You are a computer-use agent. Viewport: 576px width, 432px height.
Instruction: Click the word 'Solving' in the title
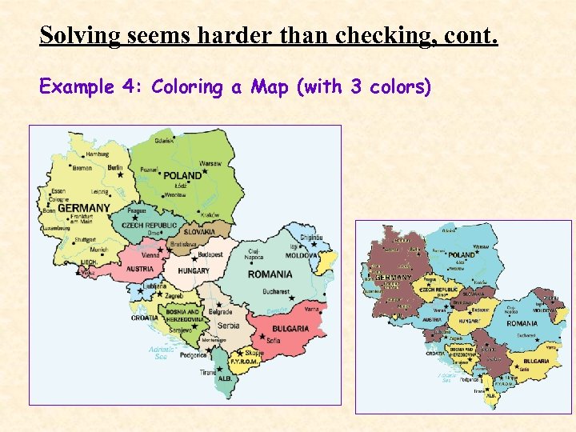click(77, 36)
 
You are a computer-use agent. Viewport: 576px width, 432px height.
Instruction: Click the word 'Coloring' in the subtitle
click(188, 86)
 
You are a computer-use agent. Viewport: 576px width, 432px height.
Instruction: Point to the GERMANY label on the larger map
click(83, 208)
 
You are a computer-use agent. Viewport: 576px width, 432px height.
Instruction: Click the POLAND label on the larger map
click(182, 175)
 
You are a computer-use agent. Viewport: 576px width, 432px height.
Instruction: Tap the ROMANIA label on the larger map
click(270, 274)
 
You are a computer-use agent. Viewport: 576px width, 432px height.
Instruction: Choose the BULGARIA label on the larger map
click(290, 329)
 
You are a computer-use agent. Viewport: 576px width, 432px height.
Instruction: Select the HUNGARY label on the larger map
click(194, 271)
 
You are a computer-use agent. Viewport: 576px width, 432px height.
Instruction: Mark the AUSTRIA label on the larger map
click(140, 269)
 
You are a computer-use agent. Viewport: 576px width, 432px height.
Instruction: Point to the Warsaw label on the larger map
click(210, 163)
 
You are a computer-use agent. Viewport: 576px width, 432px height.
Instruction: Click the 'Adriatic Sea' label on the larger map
click(158, 353)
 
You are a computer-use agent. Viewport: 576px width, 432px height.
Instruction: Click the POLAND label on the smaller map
click(462, 255)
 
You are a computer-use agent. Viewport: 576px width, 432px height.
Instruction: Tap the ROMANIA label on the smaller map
click(522, 323)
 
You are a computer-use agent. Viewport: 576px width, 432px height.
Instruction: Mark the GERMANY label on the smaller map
click(394, 277)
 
